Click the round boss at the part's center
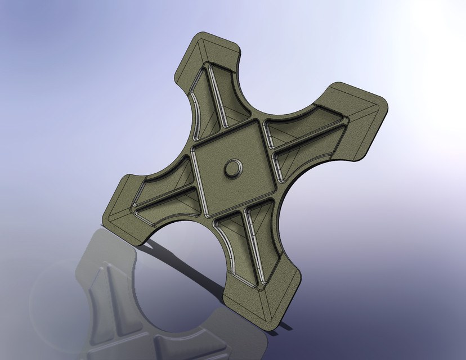coord(232,168)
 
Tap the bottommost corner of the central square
coord(207,215)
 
